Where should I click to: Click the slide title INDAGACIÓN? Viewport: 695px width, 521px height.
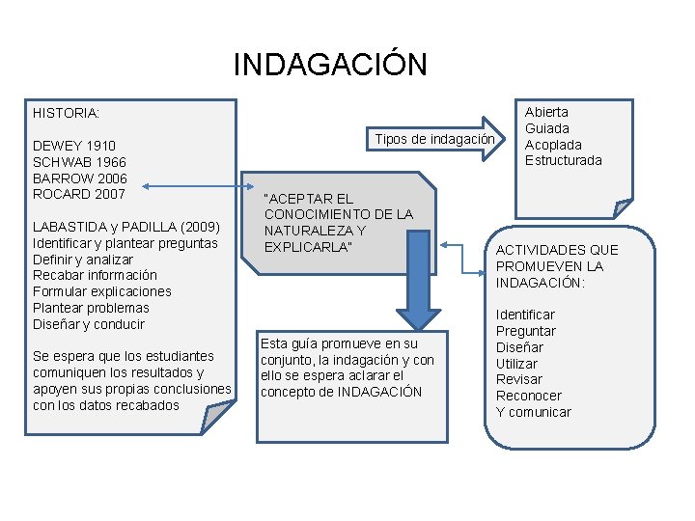pyautogui.click(x=329, y=65)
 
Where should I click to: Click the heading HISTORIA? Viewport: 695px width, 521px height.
pyautogui.click(x=66, y=113)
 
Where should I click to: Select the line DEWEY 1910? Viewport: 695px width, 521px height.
pyautogui.click(x=74, y=146)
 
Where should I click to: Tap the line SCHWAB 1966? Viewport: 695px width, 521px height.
pyautogui.click(x=79, y=162)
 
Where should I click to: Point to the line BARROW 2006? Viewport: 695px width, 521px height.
pyautogui.click(x=79, y=178)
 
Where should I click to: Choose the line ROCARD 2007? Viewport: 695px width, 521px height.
pyautogui.click(x=79, y=194)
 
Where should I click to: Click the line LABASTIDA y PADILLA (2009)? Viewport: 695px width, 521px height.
pyautogui.click(x=126, y=227)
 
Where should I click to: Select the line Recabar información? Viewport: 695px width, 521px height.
pyautogui.click(x=95, y=275)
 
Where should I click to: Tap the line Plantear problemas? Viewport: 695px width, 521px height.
pyautogui.click(x=91, y=308)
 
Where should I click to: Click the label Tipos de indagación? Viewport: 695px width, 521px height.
pyautogui.click(x=434, y=139)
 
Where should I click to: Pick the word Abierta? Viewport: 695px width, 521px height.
pyautogui.click(x=546, y=112)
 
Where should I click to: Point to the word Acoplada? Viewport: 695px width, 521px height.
pyautogui.click(x=553, y=145)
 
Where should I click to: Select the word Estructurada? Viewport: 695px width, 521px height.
pyautogui.click(x=563, y=160)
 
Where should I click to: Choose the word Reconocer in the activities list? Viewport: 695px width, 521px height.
pyautogui.click(x=529, y=396)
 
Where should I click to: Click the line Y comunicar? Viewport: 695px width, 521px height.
pyautogui.click(x=533, y=412)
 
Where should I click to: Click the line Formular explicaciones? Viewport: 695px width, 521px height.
pyautogui.click(x=101, y=291)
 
